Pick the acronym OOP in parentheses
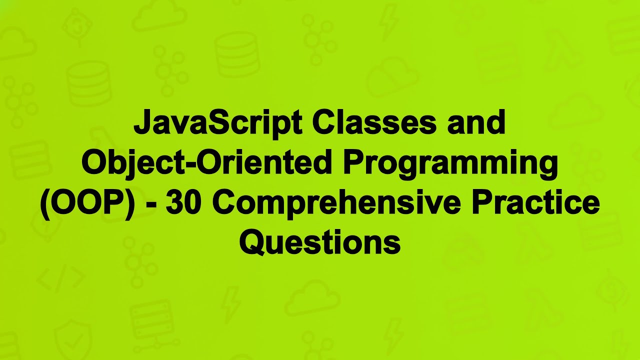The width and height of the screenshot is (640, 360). pyautogui.click(x=87, y=203)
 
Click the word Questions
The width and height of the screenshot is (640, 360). pyautogui.click(x=320, y=243)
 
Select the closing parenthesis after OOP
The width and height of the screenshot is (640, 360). pyautogui.click(x=130, y=204)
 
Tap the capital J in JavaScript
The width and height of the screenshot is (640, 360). pyautogui.click(x=141, y=123)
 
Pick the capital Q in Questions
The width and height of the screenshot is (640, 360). pyautogui.click(x=251, y=243)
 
